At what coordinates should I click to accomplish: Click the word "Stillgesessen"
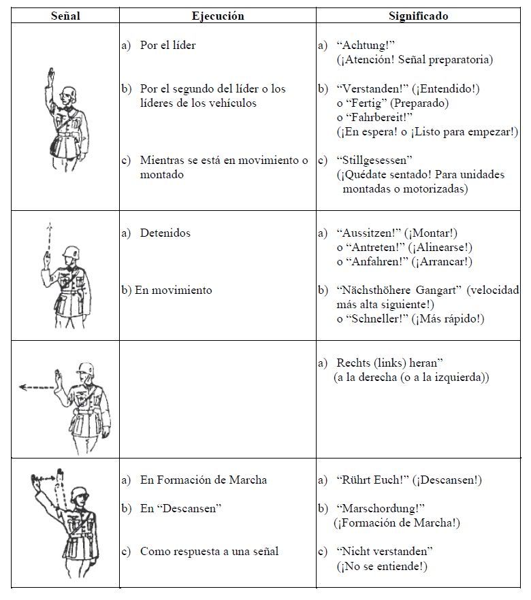point(374,161)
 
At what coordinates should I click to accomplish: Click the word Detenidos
point(165,233)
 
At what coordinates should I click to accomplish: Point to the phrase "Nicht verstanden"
point(385,551)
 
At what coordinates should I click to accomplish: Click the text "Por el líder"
point(167,46)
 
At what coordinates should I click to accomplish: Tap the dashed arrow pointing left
point(37,387)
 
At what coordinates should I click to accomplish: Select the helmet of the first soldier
point(69,93)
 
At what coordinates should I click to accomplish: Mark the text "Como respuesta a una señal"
point(209,551)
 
